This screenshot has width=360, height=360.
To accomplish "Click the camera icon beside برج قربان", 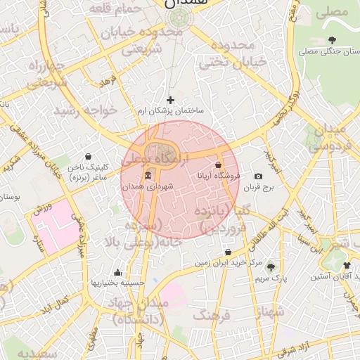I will click(x=258, y=176).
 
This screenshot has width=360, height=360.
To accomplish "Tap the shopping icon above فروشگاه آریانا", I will click(x=219, y=165).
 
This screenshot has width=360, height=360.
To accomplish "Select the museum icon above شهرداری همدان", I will click(x=148, y=175).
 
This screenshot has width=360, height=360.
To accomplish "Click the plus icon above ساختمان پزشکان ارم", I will click(x=170, y=100).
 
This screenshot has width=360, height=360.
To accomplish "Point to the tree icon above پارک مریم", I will click(x=270, y=267).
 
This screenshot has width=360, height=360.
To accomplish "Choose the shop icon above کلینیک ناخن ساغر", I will click(x=88, y=156).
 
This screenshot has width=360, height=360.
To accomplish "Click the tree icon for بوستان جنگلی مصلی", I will click(x=332, y=40).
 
